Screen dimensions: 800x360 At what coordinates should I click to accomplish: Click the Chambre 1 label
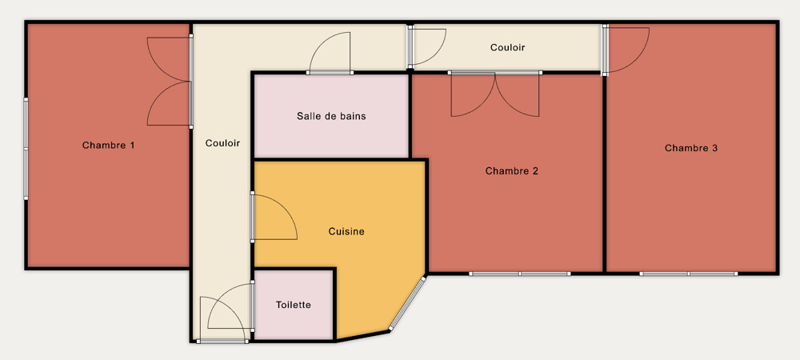pyautogui.click(x=108, y=146)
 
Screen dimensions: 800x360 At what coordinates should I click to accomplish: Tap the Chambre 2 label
pyautogui.click(x=512, y=171)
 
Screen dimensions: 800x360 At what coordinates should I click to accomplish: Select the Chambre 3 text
pyautogui.click(x=691, y=148)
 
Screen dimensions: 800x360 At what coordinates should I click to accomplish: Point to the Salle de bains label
pyautogui.click(x=331, y=116)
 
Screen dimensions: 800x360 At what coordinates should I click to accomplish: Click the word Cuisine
pyautogui.click(x=346, y=231)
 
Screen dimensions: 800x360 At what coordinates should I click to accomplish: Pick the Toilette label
pyautogui.click(x=294, y=305)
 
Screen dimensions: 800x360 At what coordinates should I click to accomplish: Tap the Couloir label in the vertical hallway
pyautogui.click(x=222, y=143)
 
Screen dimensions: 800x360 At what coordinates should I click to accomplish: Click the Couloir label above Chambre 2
pyautogui.click(x=508, y=47)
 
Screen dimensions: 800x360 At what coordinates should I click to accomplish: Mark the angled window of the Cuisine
pyautogui.click(x=407, y=304)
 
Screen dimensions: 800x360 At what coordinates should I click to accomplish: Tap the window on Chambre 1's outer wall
pyautogui.click(x=26, y=149)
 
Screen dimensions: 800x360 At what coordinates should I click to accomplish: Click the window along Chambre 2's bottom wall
pyautogui.click(x=519, y=274)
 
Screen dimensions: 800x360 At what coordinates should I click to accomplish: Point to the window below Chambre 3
pyautogui.click(x=688, y=274)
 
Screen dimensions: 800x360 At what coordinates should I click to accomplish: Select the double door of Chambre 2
pyautogui.click(x=495, y=94)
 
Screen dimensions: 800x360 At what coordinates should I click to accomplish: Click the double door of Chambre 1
pyautogui.click(x=170, y=82)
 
